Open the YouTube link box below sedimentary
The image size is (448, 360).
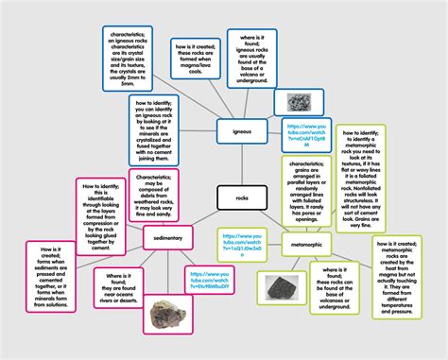click(x=207, y=281)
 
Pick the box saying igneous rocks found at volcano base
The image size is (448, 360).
click(x=256, y=55)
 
